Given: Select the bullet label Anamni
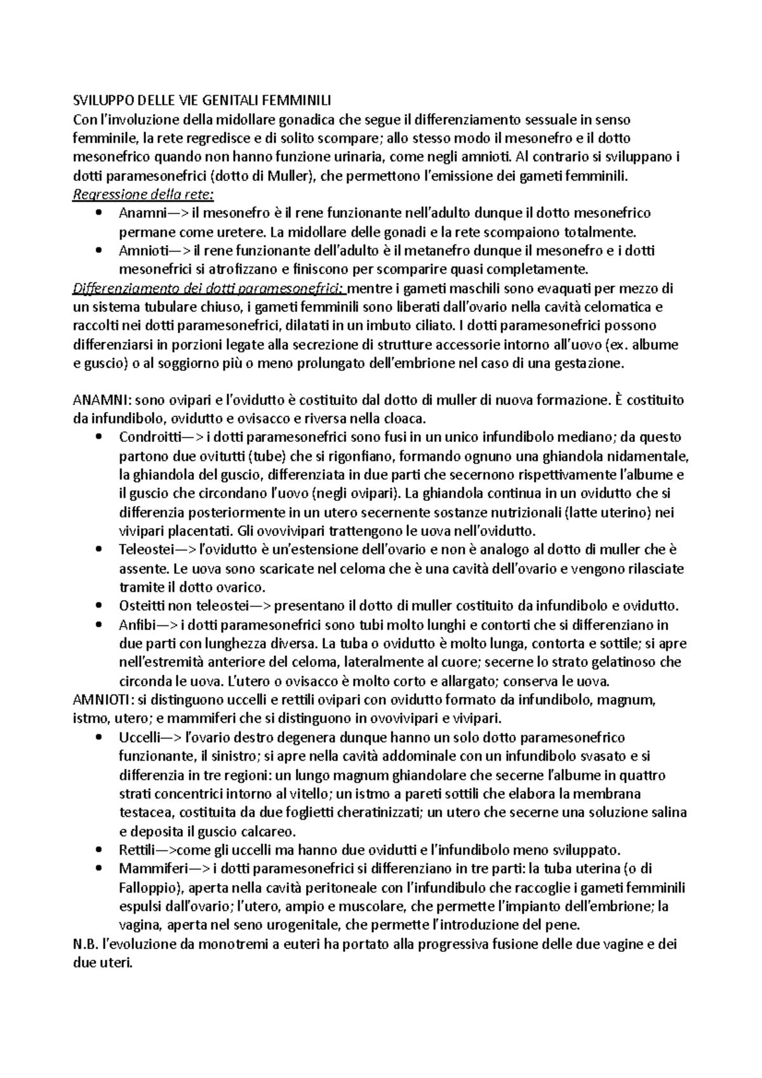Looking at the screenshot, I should tap(138, 213).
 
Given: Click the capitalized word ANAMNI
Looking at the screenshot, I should tap(102, 401).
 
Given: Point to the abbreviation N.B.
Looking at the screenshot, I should tap(86, 944).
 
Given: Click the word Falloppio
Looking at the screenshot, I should tap(150, 888).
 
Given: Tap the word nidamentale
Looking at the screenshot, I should tap(651, 456).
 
